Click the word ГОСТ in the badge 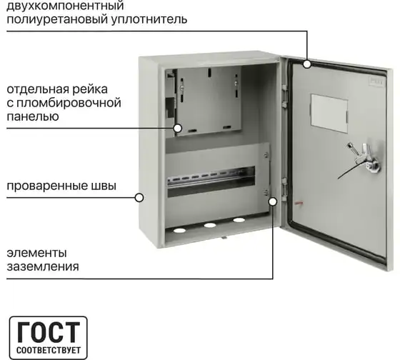(x=49, y=331)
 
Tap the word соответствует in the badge (x=49, y=350)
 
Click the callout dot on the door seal (x=307, y=64)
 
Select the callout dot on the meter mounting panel (x=178, y=128)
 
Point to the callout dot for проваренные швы (x=139, y=197)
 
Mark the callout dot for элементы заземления (x=273, y=201)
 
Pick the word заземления (x=43, y=266)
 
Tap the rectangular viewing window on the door (x=329, y=114)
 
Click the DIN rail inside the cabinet (x=211, y=178)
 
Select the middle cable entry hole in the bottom (x=210, y=225)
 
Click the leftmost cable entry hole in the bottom (x=179, y=231)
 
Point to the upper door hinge (x=284, y=96)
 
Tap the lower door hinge (x=284, y=189)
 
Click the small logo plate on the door (x=376, y=82)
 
